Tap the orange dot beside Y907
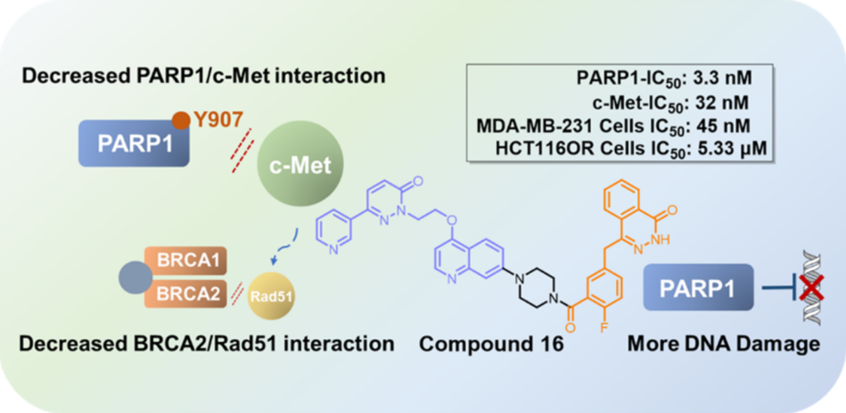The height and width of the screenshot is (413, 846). tap(181, 119)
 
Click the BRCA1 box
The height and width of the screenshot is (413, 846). tap(188, 262)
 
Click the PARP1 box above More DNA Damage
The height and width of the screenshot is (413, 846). tap(693, 289)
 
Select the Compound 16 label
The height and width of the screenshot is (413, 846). tap(491, 343)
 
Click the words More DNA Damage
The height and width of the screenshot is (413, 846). tap(724, 343)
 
